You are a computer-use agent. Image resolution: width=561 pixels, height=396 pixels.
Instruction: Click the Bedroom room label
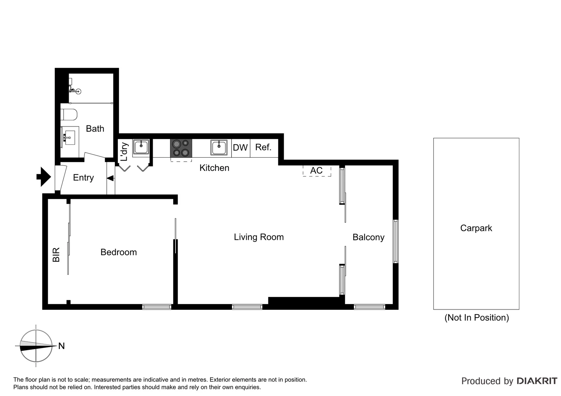[x=119, y=252]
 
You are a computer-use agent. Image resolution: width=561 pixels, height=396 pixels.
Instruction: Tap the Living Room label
[x=259, y=237]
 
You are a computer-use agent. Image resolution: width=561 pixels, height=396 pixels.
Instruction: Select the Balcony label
[x=368, y=237]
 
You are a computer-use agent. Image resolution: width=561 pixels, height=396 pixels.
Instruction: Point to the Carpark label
[x=476, y=228]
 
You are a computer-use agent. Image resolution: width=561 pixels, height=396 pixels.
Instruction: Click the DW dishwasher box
[x=240, y=148]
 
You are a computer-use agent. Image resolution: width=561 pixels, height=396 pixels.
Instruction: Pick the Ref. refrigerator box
[x=264, y=147]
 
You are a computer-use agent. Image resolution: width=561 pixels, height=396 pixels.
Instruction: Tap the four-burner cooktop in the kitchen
[x=181, y=148]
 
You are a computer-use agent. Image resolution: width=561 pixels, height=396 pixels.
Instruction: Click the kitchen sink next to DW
[x=219, y=147]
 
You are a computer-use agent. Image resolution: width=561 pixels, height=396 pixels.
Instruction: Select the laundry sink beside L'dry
[x=141, y=147]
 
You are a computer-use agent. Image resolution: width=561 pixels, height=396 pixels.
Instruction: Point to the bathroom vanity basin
[x=69, y=137]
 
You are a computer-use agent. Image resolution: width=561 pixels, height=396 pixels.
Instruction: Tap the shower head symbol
[x=78, y=92]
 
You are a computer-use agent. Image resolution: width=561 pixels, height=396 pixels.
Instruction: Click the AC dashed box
[x=316, y=171]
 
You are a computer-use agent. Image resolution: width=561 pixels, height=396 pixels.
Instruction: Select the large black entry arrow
[x=43, y=177]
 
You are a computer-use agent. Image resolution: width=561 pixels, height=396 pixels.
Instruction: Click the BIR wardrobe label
[x=56, y=254]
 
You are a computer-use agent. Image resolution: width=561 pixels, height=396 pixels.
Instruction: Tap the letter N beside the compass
[x=62, y=346]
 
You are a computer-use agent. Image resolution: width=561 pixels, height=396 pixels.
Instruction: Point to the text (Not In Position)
[x=477, y=318]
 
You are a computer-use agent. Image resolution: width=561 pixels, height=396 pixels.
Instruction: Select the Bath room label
[x=95, y=129]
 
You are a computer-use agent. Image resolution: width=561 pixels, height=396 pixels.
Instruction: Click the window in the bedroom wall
[x=157, y=307]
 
